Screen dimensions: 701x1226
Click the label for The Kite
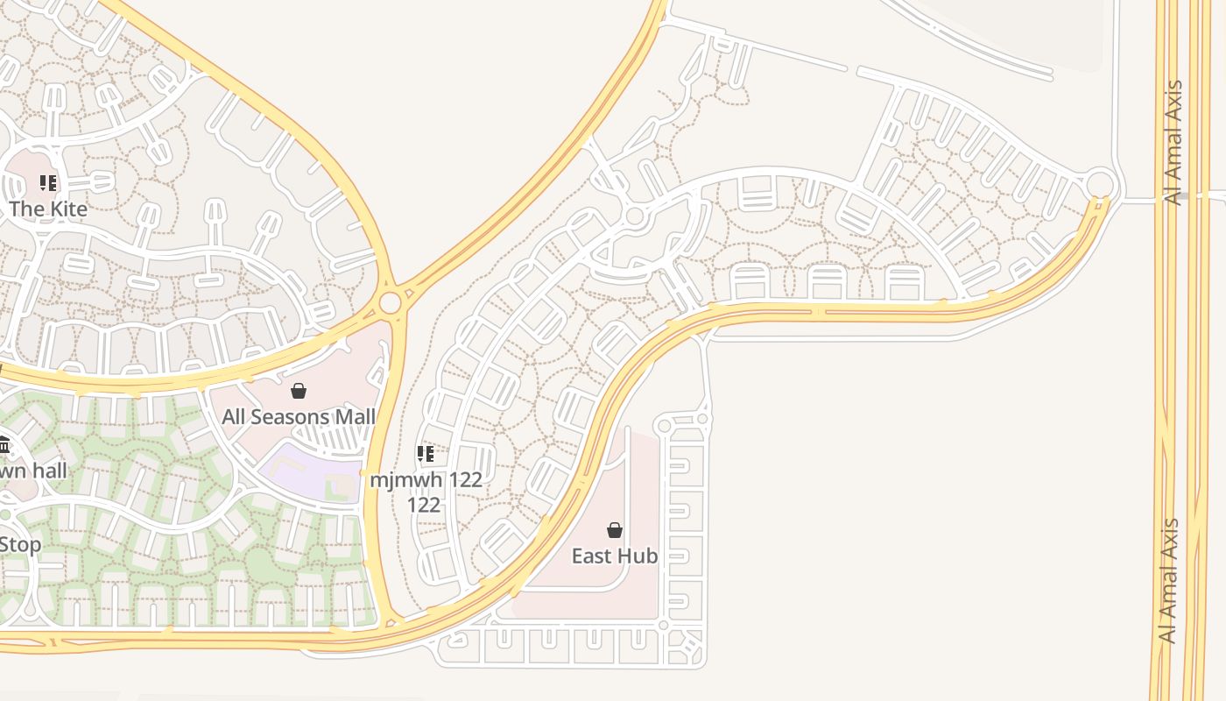coord(48,209)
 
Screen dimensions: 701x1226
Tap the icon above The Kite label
coord(48,183)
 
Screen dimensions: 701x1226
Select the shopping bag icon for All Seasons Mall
coord(299,391)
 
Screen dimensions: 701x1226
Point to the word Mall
coord(356,417)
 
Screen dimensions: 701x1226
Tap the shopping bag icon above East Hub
coord(615,530)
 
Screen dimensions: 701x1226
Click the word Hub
coord(638,556)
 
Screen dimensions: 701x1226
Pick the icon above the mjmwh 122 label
coord(426,454)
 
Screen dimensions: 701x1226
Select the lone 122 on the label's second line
coord(424,506)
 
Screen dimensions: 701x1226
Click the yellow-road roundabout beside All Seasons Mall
coord(391,303)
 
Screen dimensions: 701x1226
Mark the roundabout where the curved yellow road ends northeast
coord(1100,185)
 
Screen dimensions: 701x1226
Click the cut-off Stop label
coord(19,545)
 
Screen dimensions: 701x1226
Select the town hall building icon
coord(4,446)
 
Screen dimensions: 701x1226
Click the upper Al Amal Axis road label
coord(1173,143)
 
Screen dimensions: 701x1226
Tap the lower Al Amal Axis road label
coord(1168,581)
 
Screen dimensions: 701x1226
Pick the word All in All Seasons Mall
coord(234,417)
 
